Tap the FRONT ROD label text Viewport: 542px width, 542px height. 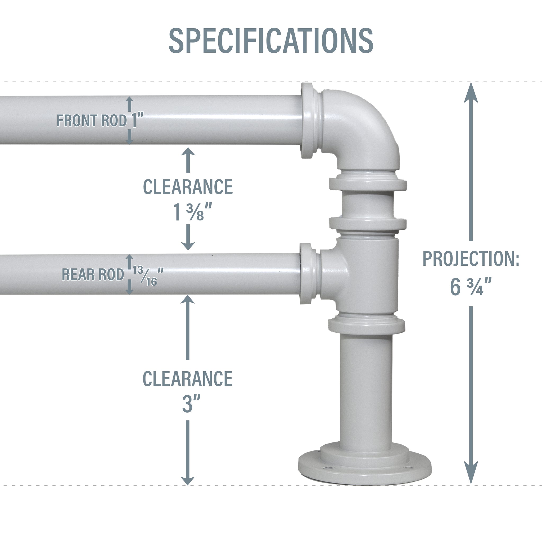click(92, 121)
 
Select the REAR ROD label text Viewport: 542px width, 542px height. click(93, 274)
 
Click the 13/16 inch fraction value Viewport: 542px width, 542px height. click(146, 276)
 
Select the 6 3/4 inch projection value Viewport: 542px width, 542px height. click(471, 287)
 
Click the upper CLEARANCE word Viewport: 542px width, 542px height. click(188, 187)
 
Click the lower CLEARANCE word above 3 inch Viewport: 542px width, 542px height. click(187, 379)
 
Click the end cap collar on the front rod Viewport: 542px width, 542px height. click(308, 121)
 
